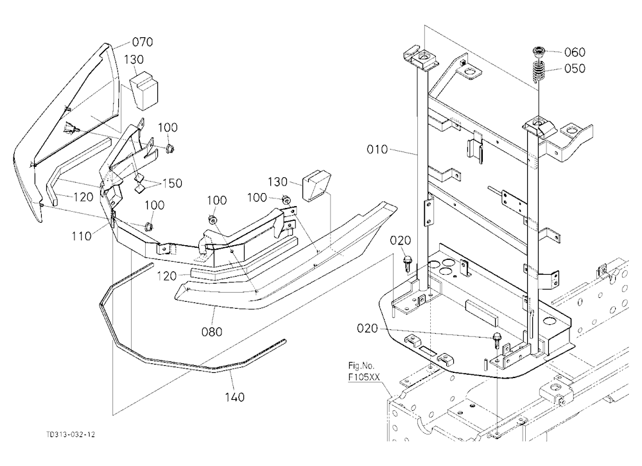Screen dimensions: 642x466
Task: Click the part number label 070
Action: click(x=143, y=42)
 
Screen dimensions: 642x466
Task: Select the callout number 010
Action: click(x=377, y=149)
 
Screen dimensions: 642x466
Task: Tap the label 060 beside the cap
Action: click(x=575, y=52)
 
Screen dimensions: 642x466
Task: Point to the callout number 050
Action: click(x=575, y=69)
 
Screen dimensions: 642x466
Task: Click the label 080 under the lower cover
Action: click(x=212, y=331)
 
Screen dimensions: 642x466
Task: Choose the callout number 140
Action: click(x=234, y=397)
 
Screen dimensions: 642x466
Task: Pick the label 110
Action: click(x=82, y=236)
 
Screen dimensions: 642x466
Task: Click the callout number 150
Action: click(x=172, y=183)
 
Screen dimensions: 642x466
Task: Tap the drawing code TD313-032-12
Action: click(x=71, y=435)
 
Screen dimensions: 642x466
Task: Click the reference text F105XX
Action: click(x=365, y=377)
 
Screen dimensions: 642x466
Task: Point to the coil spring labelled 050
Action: click(x=539, y=71)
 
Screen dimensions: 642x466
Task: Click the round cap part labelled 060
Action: click(x=539, y=52)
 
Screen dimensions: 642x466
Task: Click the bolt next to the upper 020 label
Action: click(x=408, y=263)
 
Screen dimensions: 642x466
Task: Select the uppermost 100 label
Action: click(x=168, y=127)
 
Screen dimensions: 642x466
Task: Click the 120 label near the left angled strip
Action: click(x=83, y=197)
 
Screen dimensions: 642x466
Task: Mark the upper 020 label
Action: click(x=400, y=240)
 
